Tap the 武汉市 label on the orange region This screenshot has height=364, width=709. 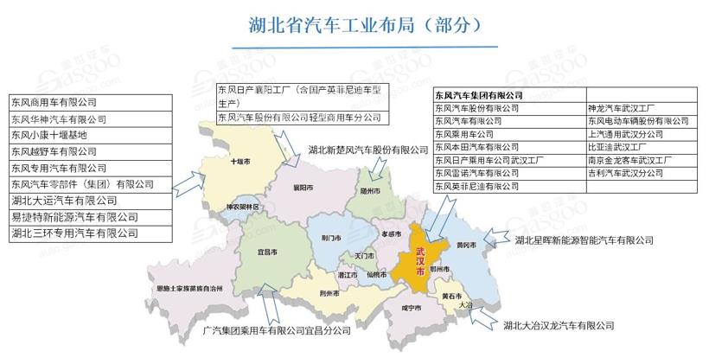click(421, 259)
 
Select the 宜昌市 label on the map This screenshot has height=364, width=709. click(268, 252)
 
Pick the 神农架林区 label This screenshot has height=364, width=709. click(241, 208)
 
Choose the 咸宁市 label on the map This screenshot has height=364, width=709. click(412, 308)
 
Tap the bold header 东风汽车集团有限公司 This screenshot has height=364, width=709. click(479, 94)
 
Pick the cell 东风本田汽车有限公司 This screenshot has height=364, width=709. click(476, 147)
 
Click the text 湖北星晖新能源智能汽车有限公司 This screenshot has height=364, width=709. click(597, 239)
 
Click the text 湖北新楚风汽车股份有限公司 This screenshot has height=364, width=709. click(367, 150)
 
